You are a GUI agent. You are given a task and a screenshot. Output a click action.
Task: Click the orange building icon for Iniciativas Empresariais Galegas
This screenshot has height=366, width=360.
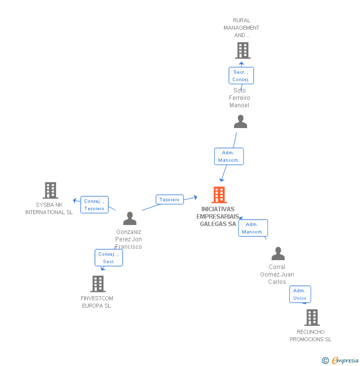pos(219,195)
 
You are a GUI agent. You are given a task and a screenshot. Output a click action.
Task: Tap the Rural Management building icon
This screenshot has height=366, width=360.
pos(242,50)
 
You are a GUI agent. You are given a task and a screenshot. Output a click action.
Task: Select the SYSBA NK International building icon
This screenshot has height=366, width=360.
pos(50,190)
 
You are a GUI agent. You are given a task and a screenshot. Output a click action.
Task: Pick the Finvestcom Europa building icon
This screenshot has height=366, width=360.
pos(98,284)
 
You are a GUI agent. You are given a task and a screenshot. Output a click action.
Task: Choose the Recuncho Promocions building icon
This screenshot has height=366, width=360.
pos(312,318)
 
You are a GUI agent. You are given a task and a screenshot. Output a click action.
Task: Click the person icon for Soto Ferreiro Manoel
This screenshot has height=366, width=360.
pos(240,122)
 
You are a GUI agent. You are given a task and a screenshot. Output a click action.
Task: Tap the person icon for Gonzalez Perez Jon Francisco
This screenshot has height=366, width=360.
pos(130,219)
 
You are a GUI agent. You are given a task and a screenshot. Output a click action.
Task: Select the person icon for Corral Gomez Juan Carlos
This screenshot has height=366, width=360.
pos(278,254)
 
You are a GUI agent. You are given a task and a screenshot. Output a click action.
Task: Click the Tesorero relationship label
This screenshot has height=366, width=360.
pos(170,199)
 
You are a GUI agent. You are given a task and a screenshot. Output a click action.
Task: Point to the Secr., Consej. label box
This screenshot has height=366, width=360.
pos(241,76)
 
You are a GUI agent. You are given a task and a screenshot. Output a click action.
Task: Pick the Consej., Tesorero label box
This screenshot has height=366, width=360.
pos(94,205)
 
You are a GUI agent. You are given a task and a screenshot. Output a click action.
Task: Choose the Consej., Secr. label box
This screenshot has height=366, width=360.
pos(109,258)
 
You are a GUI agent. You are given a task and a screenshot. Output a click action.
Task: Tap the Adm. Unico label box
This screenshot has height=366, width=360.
pos(300,294)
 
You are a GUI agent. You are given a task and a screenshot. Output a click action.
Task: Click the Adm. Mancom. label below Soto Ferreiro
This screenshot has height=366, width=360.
pos(228,156)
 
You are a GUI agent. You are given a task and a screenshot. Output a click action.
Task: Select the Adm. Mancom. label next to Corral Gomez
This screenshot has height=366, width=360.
pos(253,228)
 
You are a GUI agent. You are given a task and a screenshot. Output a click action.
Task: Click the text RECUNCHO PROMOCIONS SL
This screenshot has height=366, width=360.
pos(311,335)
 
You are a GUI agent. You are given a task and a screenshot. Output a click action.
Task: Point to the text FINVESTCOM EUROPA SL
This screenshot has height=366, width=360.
pos(97,302)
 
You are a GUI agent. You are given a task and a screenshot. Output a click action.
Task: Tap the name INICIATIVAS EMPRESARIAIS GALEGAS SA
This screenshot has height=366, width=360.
pos(218,217)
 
